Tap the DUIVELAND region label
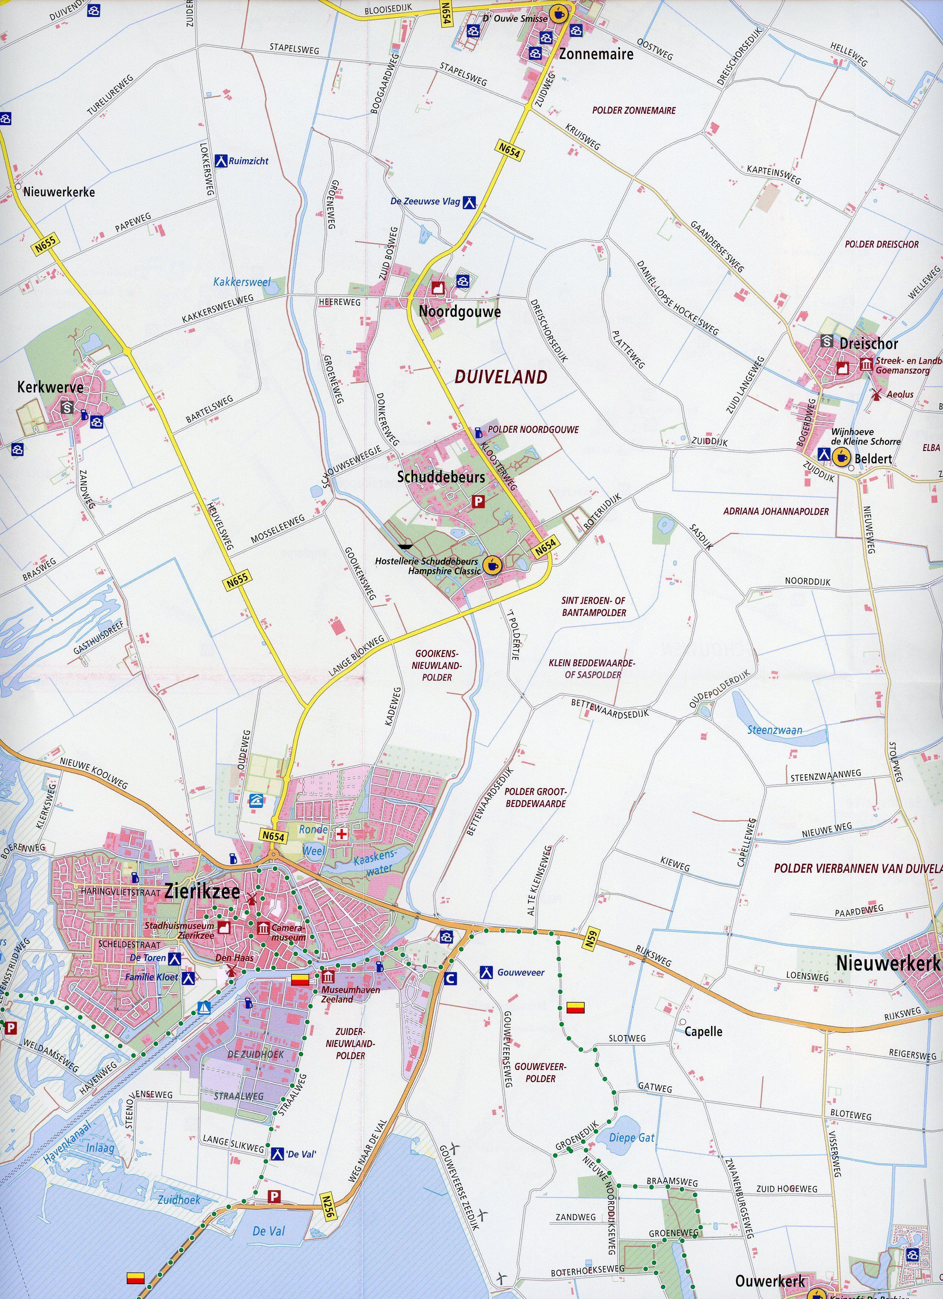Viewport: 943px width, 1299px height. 501,376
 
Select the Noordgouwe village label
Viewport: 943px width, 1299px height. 460,312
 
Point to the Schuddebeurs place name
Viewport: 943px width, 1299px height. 441,477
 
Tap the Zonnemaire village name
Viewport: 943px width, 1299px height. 596,54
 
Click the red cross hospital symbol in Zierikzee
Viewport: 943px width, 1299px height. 342,834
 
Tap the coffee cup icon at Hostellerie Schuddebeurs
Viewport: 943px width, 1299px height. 491,565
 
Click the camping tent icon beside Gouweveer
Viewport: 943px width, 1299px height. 486,972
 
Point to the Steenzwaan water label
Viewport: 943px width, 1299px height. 775,730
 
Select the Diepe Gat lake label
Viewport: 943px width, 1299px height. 631,1138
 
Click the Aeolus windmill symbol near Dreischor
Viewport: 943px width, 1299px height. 874,394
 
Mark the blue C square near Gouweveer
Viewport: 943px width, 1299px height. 450,979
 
